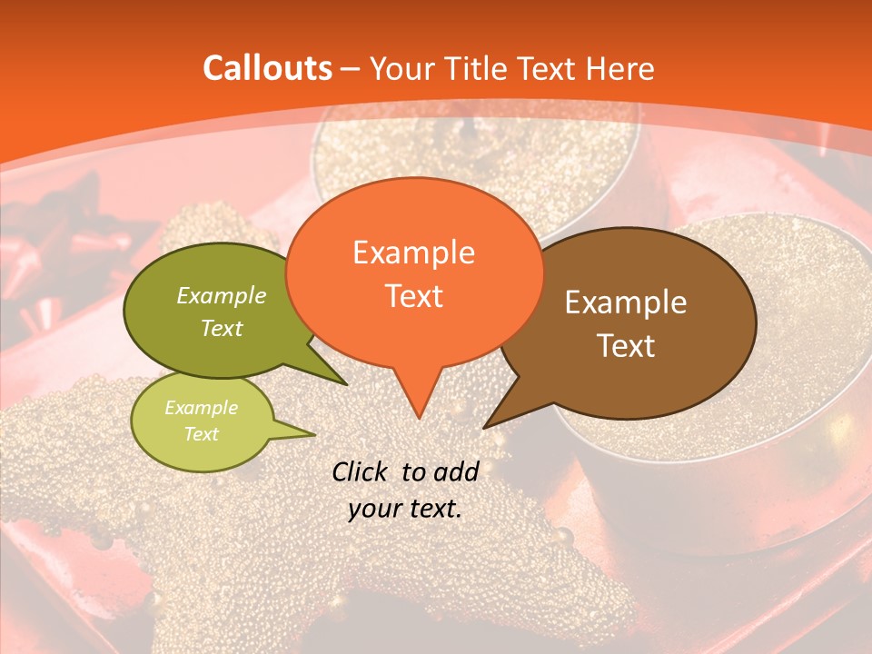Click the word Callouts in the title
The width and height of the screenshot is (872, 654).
pos(267,68)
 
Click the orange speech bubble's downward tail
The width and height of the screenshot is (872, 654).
pos(418,395)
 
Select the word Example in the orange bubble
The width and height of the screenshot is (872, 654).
pos(413,253)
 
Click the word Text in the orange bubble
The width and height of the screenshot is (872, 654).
pos(413,296)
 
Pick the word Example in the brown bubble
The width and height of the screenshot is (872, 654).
pos(626,302)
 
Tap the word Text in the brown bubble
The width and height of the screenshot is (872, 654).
pos(626,346)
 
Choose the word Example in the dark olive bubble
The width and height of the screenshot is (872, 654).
pos(222,295)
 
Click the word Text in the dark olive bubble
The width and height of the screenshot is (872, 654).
pos(222,328)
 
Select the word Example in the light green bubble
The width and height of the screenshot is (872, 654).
pos(201,408)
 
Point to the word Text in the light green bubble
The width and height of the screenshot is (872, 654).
pos(201,433)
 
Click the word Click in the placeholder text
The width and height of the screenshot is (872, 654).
pos(362,471)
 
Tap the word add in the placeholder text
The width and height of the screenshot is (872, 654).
pos(456,471)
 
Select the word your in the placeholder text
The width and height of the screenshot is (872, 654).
pos(374,509)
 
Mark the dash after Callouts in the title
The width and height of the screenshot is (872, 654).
pos(352,69)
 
